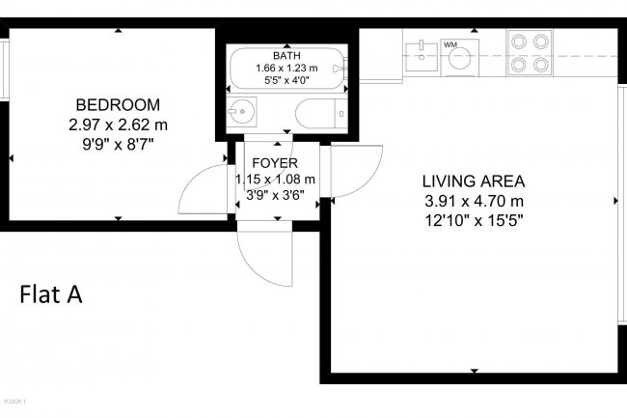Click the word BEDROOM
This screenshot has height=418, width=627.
118,105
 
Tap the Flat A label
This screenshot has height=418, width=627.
50,294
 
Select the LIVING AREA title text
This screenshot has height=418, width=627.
473,181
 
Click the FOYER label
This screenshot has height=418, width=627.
275,163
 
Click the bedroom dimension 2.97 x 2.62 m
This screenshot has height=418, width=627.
118,125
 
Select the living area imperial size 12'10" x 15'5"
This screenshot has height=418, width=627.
473,219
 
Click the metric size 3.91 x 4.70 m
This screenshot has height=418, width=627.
473,200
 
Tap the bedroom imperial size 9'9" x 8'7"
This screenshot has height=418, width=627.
118,144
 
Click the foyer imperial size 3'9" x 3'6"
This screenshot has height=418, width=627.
277,194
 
